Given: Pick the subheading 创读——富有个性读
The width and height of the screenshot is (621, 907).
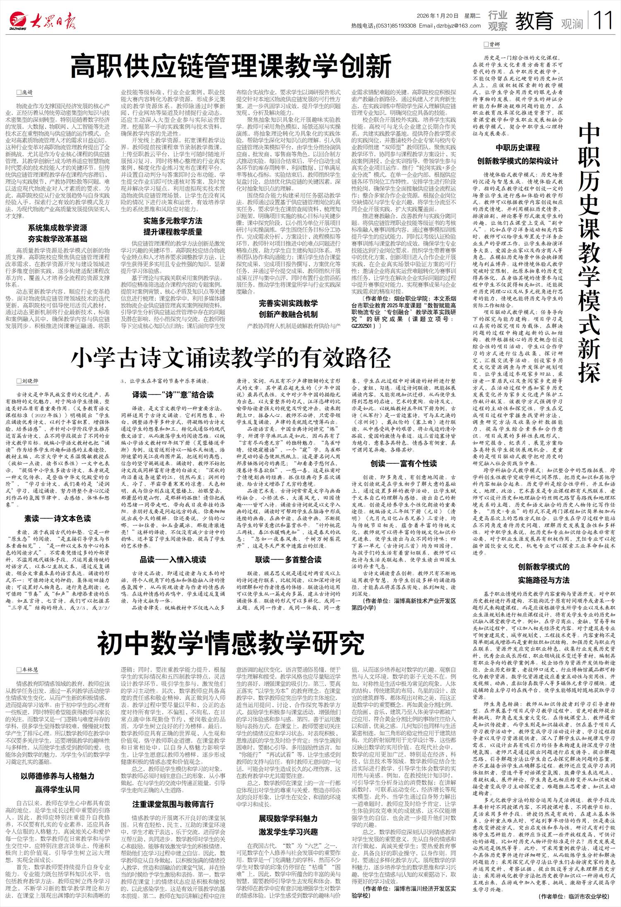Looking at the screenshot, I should [x=404, y=464].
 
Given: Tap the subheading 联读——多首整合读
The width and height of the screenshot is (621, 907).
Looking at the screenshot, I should [x=288, y=560].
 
